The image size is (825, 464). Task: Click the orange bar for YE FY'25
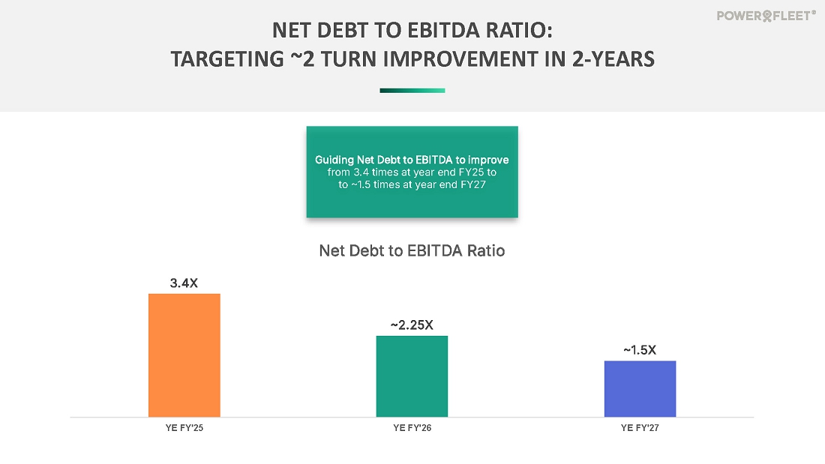point(184,355)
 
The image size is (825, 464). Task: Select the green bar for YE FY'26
point(412,376)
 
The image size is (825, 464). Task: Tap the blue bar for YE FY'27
point(640,388)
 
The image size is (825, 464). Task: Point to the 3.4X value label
point(184,283)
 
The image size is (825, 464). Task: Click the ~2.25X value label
point(412,325)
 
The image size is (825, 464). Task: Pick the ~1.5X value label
point(640,350)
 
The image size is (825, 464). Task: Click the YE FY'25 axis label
point(184,428)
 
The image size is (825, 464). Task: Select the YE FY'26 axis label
point(412,428)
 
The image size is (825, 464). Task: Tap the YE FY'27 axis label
point(640,428)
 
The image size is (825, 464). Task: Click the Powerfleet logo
point(766,15)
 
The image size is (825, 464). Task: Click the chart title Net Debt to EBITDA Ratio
point(412,251)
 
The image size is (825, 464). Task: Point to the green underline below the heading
point(412,91)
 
